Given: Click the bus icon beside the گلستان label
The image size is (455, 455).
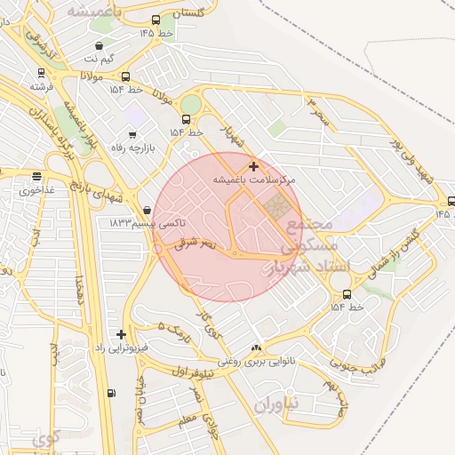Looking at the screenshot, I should [156, 20].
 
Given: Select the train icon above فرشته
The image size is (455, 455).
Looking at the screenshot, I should [41, 74].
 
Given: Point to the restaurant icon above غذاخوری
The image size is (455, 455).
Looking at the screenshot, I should [36, 177].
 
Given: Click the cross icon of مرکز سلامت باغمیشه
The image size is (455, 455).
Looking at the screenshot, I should [254, 166].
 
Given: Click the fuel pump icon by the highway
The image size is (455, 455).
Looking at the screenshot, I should [111, 393].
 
